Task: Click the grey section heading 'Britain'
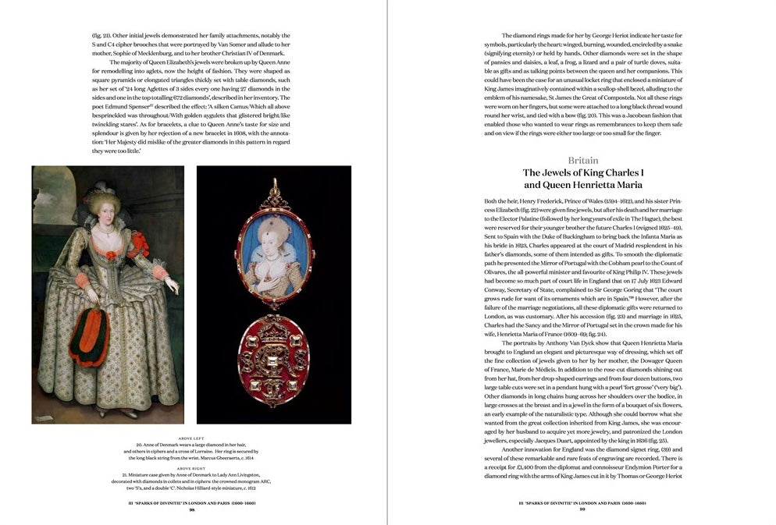click(x=584, y=160)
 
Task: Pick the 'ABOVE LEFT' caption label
click(x=191, y=438)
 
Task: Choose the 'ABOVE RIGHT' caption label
click(x=191, y=467)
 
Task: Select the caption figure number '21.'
click(x=125, y=474)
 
